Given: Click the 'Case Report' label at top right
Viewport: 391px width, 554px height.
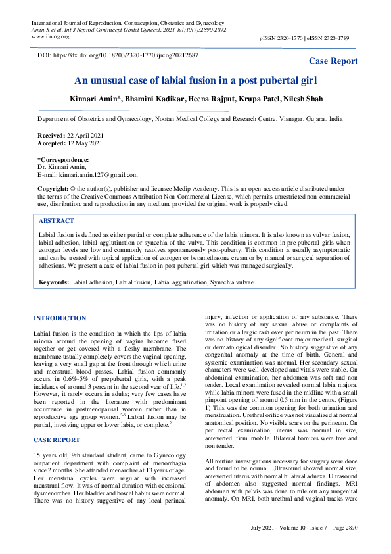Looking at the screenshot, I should (x=333, y=61).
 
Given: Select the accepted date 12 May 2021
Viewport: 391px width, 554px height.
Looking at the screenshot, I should (x=85, y=143).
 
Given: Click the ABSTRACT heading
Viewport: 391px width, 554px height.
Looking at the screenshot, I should (x=57, y=221).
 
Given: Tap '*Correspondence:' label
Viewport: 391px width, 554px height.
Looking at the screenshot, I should (x=63, y=159).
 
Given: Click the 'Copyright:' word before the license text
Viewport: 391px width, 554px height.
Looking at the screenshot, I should (x=53, y=188).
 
